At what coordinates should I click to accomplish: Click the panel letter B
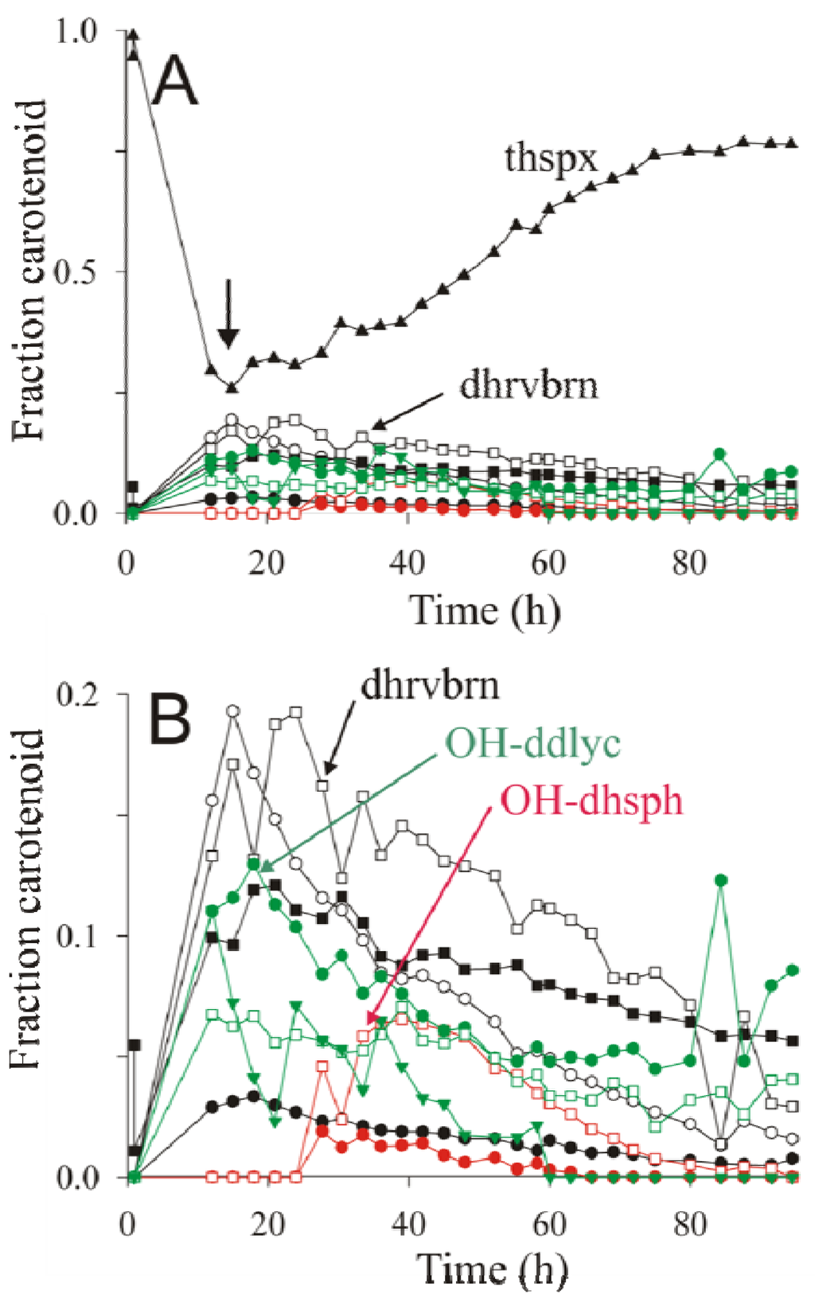click(x=170, y=718)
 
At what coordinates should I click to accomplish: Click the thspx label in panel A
click(x=551, y=158)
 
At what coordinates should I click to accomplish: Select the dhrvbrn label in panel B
click(x=431, y=685)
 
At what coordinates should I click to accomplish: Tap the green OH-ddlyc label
click(x=532, y=744)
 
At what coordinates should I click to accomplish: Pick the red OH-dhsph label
click(x=591, y=800)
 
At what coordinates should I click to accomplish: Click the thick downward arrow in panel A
click(x=229, y=314)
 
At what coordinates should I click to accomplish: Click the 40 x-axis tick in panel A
click(x=407, y=563)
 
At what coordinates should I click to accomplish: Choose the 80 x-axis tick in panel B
click(x=689, y=1224)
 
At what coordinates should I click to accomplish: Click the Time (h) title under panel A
click(x=485, y=611)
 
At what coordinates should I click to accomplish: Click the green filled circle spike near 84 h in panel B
click(x=721, y=880)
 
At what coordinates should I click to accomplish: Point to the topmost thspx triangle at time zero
click(x=134, y=34)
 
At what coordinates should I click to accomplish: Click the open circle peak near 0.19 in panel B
click(x=233, y=711)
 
